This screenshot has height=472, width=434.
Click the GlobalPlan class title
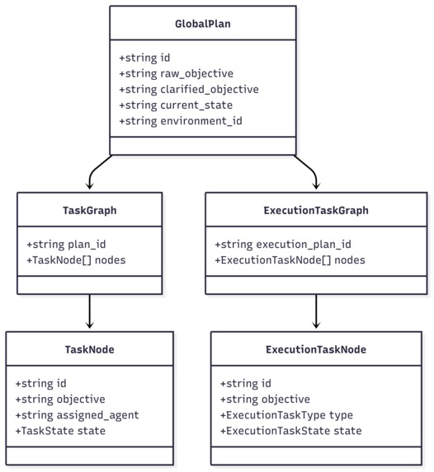coord(203,24)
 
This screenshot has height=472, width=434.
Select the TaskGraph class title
coord(90,210)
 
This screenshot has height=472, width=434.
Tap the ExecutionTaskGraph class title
coord(316,210)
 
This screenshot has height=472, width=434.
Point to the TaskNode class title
coord(89,349)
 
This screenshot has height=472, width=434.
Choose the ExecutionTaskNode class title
coord(316,349)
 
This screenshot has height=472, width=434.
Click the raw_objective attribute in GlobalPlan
coord(176,74)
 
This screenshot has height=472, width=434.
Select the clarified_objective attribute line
coord(189,90)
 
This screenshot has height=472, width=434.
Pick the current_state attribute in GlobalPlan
coord(175,105)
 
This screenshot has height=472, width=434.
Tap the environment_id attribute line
coord(181,121)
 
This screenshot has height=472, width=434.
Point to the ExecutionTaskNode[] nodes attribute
coord(290,260)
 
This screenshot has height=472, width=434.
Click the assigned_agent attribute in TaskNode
coord(77,415)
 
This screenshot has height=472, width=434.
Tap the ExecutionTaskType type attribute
coord(286,415)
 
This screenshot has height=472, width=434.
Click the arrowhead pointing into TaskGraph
coord(90,187)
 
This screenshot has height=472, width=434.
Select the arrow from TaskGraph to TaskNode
coord(90,312)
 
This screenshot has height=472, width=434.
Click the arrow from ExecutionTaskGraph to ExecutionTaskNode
coord(316,312)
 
